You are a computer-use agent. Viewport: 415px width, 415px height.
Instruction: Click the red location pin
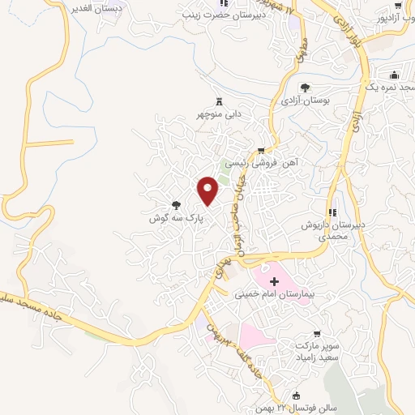(x=208, y=190)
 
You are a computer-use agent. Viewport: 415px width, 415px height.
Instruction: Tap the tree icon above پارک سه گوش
(x=175, y=206)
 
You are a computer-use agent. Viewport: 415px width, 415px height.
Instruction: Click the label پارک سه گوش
(x=174, y=219)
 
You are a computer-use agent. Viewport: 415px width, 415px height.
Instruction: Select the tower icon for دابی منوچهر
(x=218, y=101)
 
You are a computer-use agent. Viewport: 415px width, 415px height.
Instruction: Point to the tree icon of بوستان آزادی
(x=305, y=88)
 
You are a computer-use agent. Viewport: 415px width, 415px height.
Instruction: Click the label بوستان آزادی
(x=304, y=101)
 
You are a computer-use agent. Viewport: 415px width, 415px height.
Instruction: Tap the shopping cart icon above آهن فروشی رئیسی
(x=261, y=150)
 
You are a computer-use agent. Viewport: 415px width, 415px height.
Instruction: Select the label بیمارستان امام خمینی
(x=274, y=295)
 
